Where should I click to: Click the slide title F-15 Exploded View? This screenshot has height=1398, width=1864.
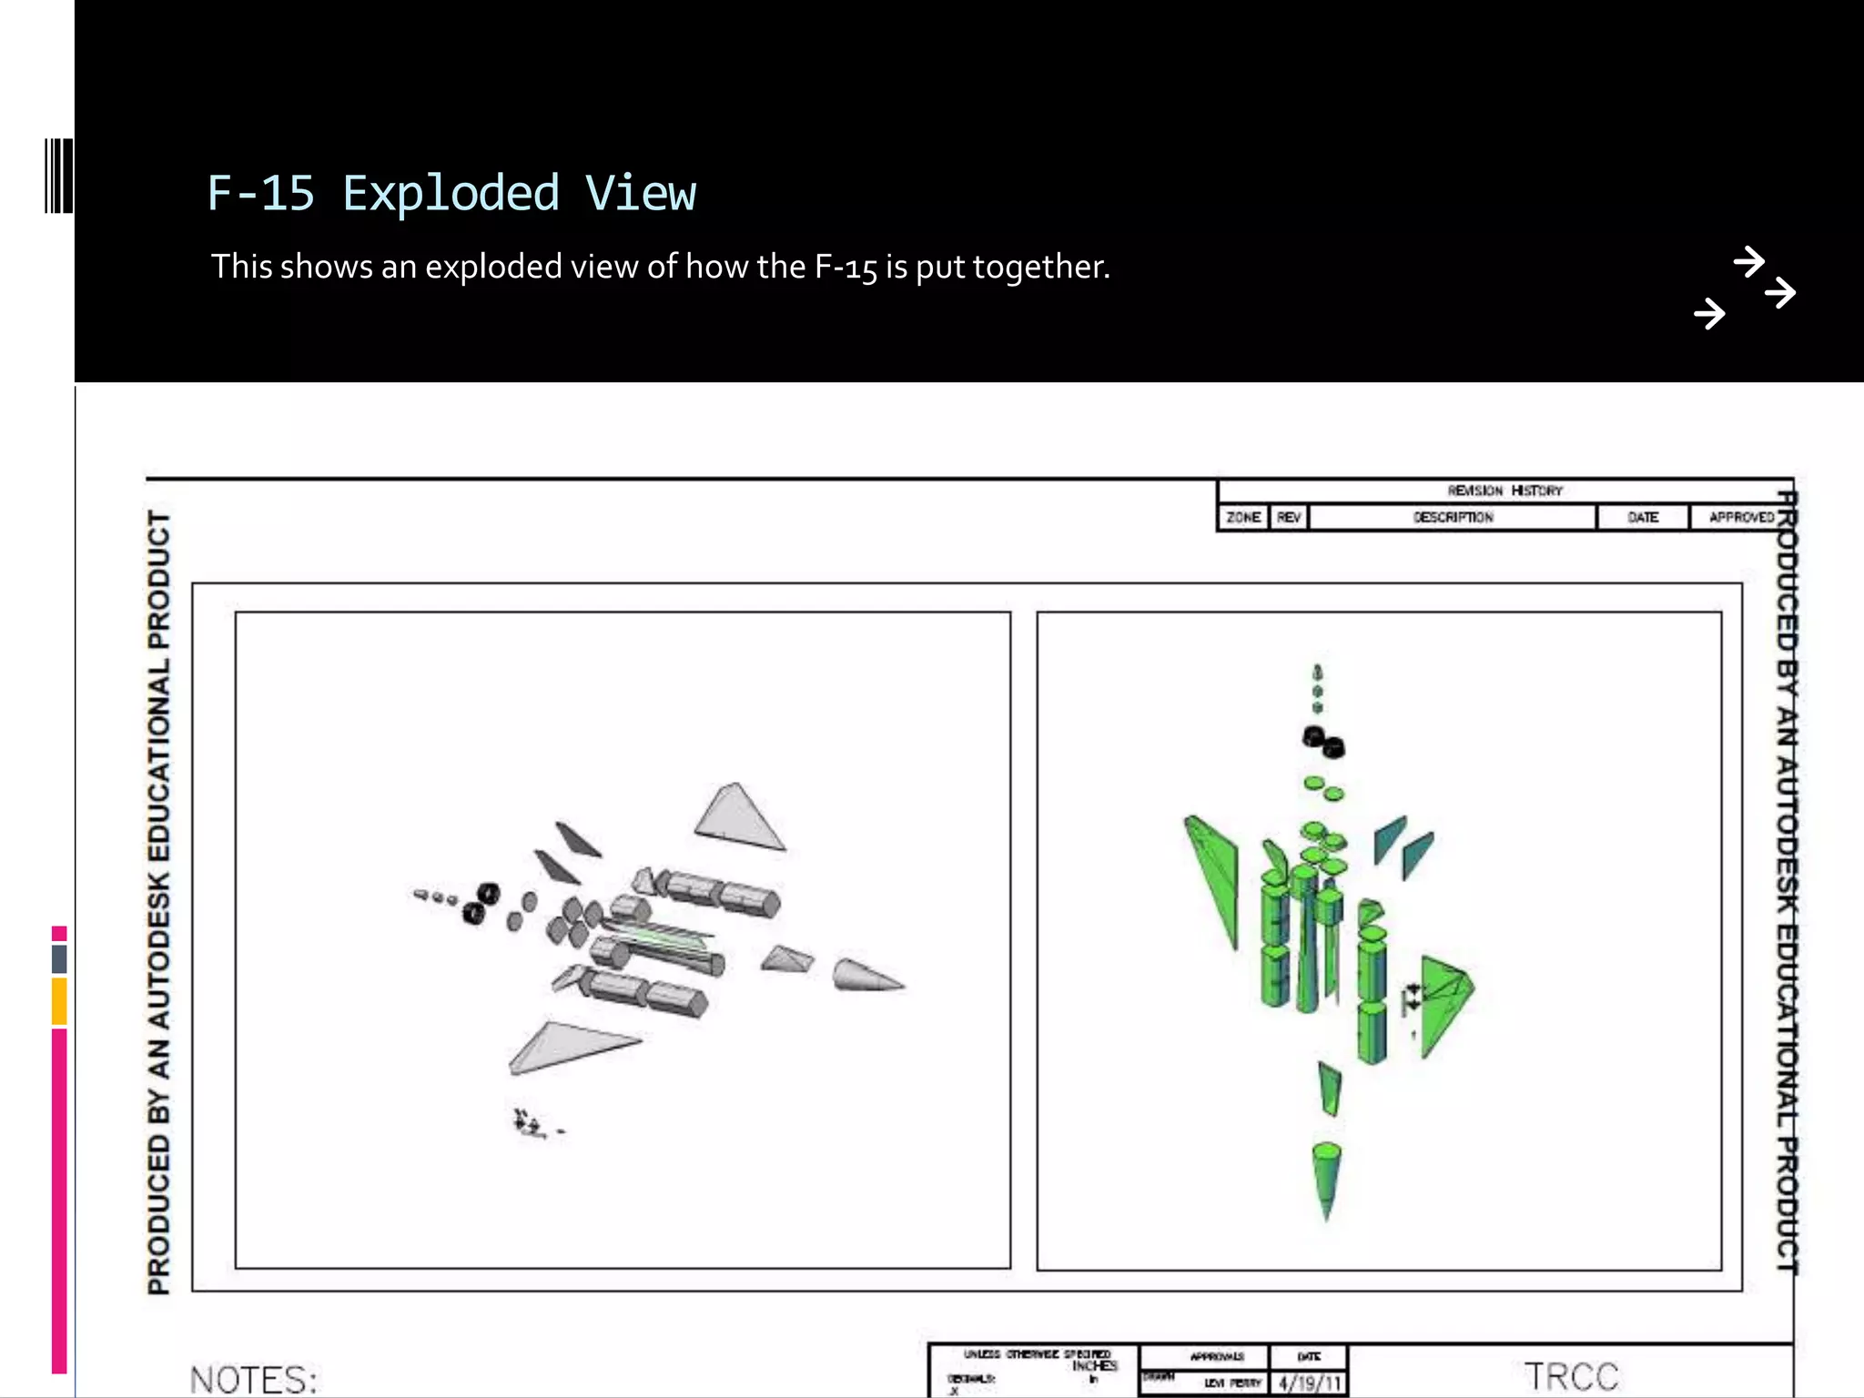[451, 194]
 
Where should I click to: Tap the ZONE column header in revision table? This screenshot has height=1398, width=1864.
[1243, 517]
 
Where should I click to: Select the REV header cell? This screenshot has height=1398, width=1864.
[1289, 517]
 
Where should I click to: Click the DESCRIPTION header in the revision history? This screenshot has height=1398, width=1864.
[1453, 517]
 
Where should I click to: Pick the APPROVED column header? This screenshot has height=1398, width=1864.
[1740, 517]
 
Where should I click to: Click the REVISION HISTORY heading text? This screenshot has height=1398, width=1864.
[1504, 491]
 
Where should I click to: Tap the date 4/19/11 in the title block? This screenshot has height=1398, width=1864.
[1310, 1383]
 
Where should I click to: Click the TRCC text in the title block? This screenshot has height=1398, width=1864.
[1572, 1376]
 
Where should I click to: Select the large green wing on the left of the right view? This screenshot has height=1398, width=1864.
[1214, 874]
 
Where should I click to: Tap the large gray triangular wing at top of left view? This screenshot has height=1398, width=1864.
[737, 816]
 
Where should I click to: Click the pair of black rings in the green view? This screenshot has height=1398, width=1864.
[1324, 742]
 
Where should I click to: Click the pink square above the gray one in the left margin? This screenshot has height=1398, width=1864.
[59, 933]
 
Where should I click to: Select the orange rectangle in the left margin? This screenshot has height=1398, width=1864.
[59, 1000]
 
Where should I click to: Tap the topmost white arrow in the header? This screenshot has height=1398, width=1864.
[1748, 261]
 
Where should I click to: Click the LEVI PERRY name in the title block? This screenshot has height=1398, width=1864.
[1232, 1383]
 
